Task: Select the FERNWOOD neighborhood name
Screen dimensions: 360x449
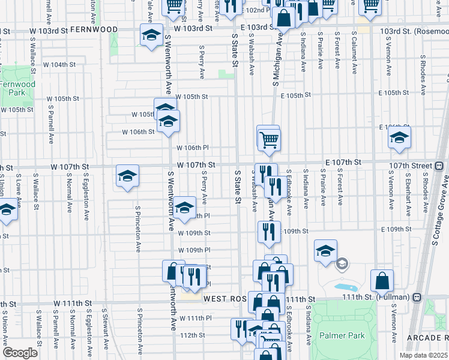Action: (x=94, y=29)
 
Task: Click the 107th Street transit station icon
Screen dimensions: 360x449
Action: (x=439, y=166)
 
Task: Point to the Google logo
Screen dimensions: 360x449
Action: (x=20, y=353)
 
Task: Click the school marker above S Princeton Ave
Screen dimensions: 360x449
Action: (x=127, y=176)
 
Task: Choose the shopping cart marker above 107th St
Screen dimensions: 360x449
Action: (x=270, y=140)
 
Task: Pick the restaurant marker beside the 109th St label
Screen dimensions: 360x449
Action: (x=268, y=230)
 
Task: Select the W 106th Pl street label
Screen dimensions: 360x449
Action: (x=192, y=148)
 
